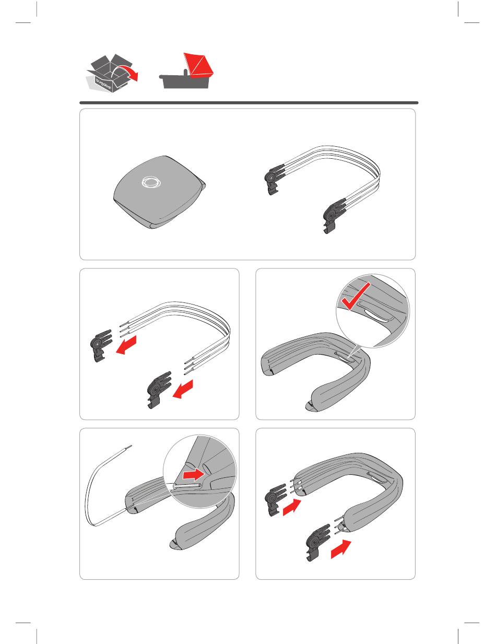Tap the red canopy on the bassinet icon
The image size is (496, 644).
coord(199,65)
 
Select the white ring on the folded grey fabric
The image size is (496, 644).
coord(151,182)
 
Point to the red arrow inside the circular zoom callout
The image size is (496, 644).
coord(194,475)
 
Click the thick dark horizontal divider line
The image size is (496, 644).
coord(249,103)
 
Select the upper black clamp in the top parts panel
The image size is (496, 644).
coord(274,179)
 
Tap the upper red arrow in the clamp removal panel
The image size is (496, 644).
coord(126,345)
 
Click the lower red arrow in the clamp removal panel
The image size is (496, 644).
coord(183,389)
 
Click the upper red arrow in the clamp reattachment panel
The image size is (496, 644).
coord(292,507)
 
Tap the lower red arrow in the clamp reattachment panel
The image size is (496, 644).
coord(341,549)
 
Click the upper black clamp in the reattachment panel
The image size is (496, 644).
coord(275,500)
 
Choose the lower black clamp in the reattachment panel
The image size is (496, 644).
coord(318,543)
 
